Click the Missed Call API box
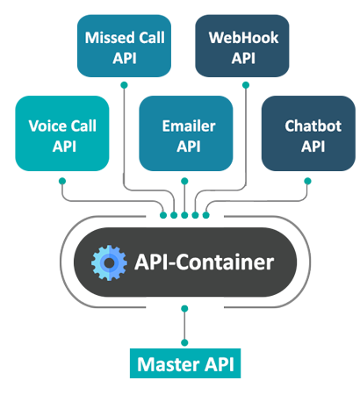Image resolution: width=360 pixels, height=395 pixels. pos(124,46)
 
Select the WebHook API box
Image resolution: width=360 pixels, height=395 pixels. pos(242,46)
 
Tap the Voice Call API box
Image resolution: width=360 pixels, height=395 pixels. pos(62,133)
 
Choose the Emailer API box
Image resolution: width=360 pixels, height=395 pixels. pos(186,133)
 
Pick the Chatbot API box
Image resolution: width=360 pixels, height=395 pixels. pos(308,133)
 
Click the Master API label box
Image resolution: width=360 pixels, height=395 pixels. pos(185,363)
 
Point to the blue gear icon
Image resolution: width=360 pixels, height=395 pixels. pos(109,262)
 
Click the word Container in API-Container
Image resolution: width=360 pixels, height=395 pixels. pos(225,262)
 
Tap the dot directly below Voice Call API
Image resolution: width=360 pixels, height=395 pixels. pos(62,181)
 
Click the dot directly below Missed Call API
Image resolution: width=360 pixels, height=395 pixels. pos(124,85)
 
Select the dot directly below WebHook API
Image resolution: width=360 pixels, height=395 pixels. pos(246,85)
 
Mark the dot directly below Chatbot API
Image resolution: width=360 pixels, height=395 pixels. pos(307,181)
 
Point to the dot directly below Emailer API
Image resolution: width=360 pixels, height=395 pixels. pos(184,181)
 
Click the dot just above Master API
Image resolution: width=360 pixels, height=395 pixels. pos(184,342)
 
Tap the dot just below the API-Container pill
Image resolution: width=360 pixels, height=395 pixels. pos(184,308)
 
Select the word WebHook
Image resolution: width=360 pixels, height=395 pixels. pos(243,38)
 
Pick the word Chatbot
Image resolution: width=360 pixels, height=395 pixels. pos(313,126)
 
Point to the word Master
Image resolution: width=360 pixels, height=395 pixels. pos(169,364)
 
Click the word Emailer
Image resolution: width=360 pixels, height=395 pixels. pos(189,126)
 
